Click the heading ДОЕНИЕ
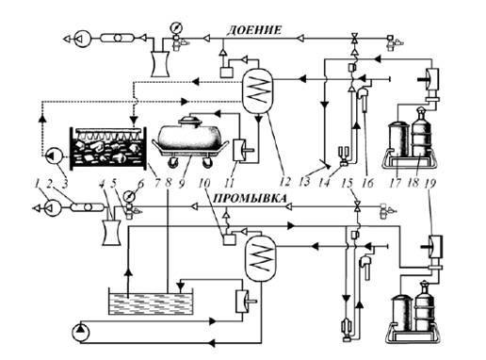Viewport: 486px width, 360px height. pyautogui.click(x=254, y=30)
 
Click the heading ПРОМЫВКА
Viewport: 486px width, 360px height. pyautogui.click(x=250, y=199)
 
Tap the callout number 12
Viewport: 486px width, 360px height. pyautogui.click(x=285, y=182)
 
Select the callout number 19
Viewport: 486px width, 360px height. pyautogui.click(x=431, y=183)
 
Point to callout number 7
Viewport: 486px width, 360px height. pyautogui.click(x=157, y=182)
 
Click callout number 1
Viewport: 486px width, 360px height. pyautogui.click(x=38, y=183)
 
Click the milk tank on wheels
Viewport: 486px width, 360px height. pyautogui.click(x=190, y=141)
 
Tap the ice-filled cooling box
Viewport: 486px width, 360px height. pyautogui.click(x=108, y=148)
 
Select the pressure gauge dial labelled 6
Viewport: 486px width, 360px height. pyautogui.click(x=129, y=197)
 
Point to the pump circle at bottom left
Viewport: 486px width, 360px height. pyautogui.click(x=81, y=333)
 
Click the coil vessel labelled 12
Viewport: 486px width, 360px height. pyautogui.click(x=257, y=90)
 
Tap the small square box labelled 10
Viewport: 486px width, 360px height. pyautogui.click(x=229, y=240)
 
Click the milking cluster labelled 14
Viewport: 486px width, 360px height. pyautogui.click(x=344, y=156)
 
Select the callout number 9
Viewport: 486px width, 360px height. pyautogui.click(x=181, y=183)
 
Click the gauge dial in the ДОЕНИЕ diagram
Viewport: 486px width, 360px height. pyautogui.click(x=176, y=28)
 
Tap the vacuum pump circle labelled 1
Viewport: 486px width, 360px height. pyautogui.click(x=53, y=208)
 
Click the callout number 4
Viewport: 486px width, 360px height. pyautogui.click(x=102, y=184)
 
